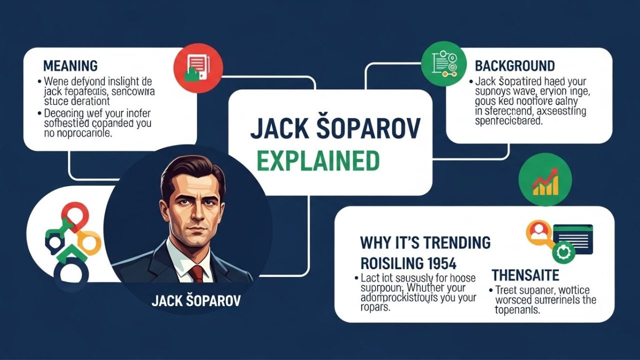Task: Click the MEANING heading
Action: pyautogui.click(x=70, y=65)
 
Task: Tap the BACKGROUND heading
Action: pyautogui.click(x=514, y=65)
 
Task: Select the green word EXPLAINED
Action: pyautogui.click(x=318, y=161)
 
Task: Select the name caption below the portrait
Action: pyautogui.click(x=195, y=301)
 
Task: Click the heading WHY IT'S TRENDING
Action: pyautogui.click(x=425, y=243)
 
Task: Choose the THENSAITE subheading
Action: pyautogui.click(x=525, y=275)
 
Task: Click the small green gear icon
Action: pyautogui.click(x=562, y=251)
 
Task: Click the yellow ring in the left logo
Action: pyautogui.click(x=90, y=243)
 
